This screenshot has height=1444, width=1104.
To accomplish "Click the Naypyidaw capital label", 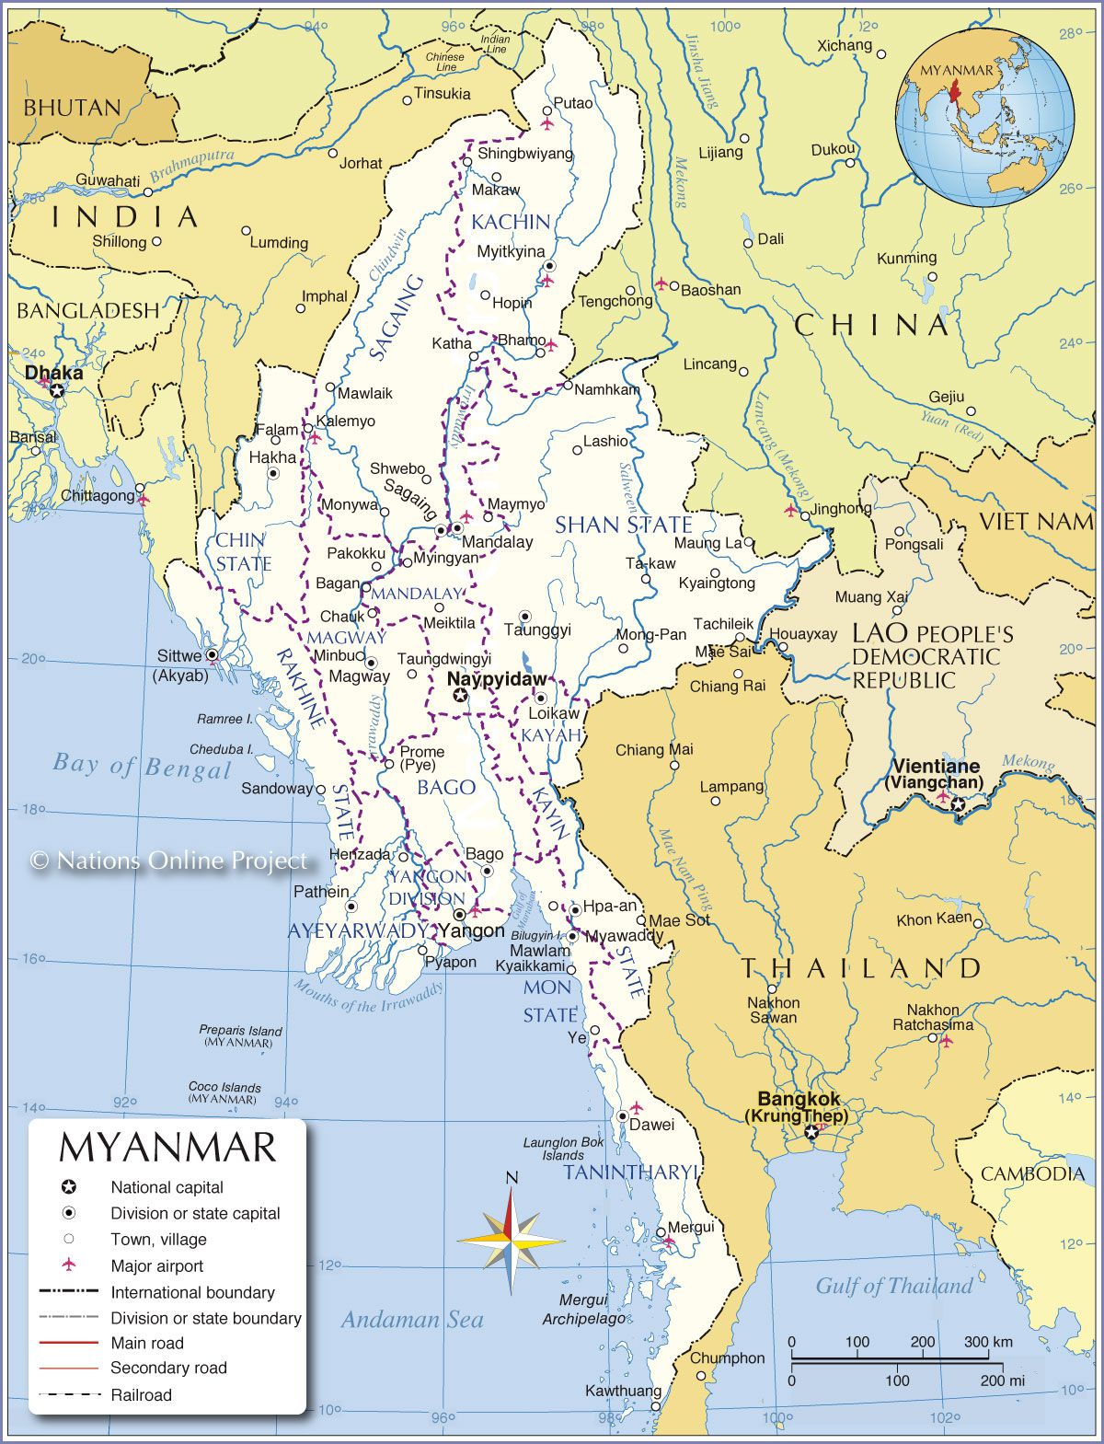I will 496,678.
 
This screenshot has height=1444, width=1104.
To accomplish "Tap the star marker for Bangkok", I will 811,1132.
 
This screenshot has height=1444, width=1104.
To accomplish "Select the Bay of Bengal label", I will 142,766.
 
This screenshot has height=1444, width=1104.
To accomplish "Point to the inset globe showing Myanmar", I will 985,118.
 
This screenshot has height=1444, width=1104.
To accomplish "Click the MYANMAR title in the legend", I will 167,1148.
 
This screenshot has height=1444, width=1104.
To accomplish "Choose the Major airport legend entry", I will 156,1265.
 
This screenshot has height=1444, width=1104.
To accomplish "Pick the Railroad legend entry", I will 141,1395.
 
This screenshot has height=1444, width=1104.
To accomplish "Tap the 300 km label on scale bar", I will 988,1342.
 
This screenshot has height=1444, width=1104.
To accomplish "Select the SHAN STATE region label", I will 623,525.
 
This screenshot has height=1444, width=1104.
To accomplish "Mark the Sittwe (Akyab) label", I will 180,664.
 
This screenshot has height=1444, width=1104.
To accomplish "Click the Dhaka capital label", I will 53,373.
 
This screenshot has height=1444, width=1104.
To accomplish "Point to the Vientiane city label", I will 936,766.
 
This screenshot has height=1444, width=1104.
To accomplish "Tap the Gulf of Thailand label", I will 893,1286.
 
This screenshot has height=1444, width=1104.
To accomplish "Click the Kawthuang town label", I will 623,1391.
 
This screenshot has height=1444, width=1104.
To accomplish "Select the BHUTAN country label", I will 72,108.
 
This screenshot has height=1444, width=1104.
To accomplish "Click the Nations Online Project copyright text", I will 169,861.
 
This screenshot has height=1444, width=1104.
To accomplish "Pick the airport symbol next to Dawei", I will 636,1107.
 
